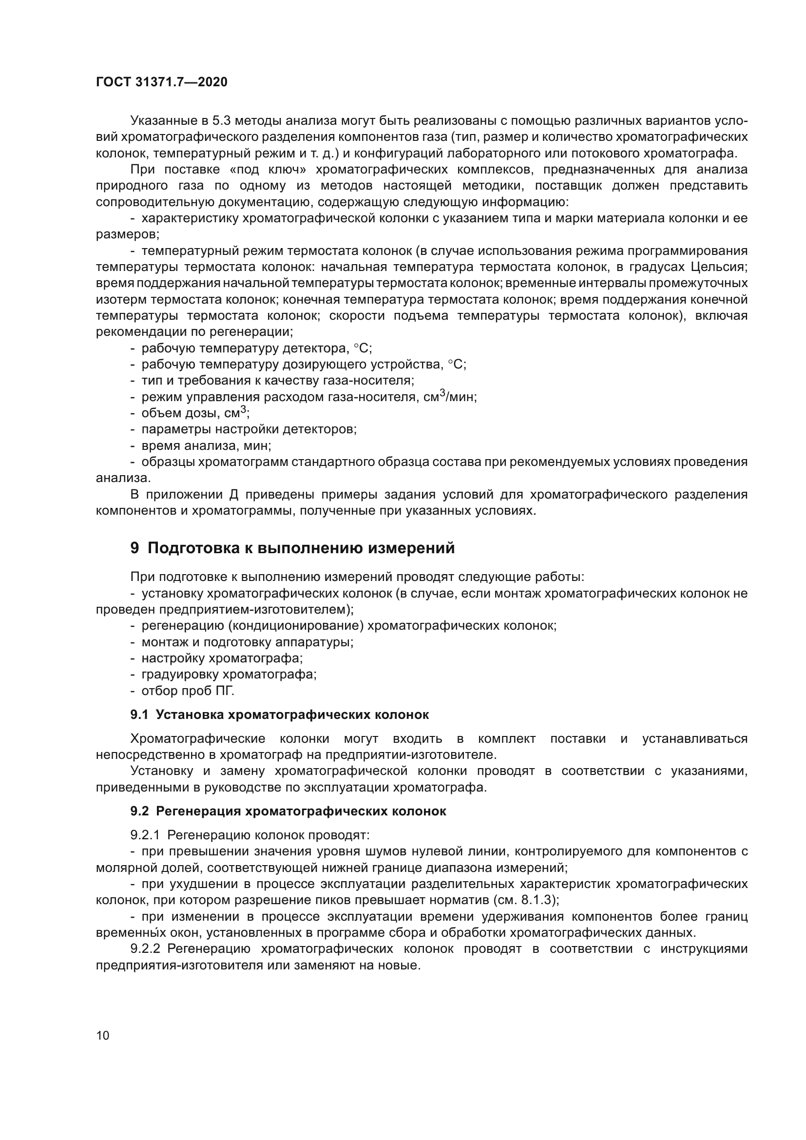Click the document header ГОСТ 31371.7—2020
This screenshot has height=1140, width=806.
pyautogui.click(x=161, y=82)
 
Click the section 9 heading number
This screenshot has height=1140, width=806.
pyautogui.click(x=134, y=548)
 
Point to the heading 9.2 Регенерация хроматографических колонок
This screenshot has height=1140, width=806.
pyautogui.click(x=288, y=812)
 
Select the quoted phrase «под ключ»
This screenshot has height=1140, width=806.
pyautogui.click(x=269, y=169)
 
